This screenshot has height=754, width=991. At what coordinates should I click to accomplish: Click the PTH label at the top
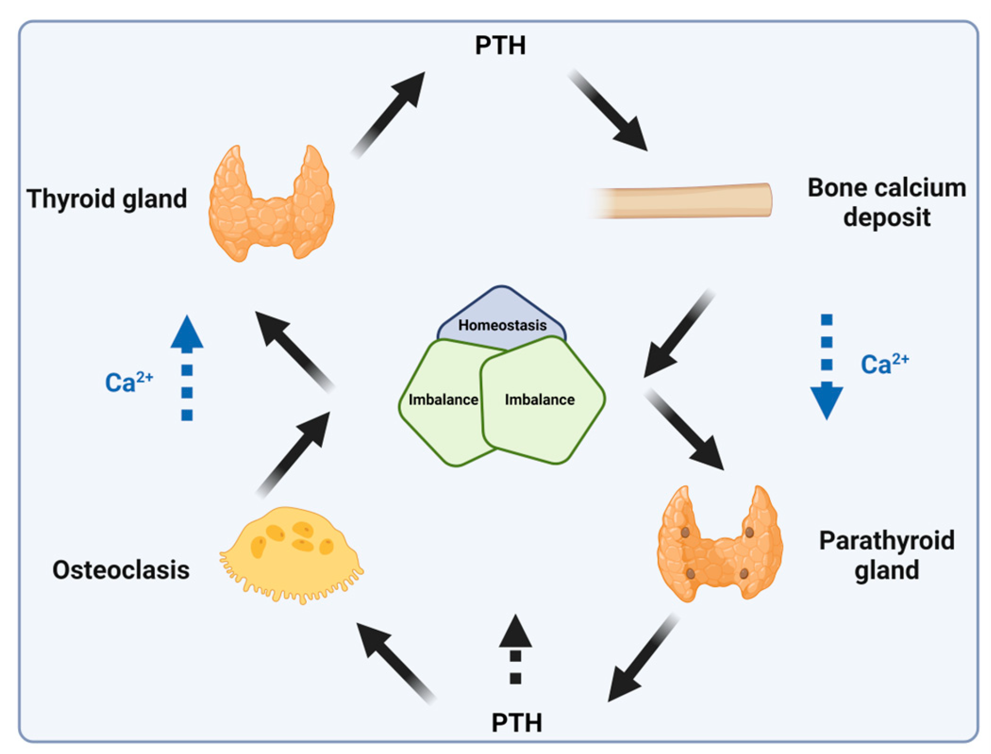coord(500,45)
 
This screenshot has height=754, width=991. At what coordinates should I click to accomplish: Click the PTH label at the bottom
coord(516,722)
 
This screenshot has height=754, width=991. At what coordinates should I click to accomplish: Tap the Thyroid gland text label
coord(107,199)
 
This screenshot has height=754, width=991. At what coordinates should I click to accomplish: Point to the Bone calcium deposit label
coord(886,202)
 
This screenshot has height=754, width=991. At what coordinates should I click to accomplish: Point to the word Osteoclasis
coord(121,570)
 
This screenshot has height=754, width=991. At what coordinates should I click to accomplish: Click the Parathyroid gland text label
coord(886,555)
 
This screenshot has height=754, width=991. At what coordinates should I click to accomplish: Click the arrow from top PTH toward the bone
coord(609,110)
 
